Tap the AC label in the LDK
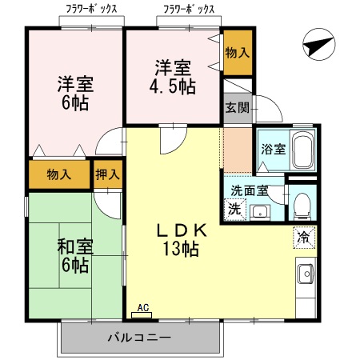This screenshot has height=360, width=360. pyautogui.click(x=143, y=308)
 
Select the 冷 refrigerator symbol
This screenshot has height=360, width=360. pyautogui.click(x=303, y=238)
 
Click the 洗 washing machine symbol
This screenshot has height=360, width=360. pyautogui.click(x=234, y=210)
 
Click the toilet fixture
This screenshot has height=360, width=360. pyautogui.click(x=301, y=206)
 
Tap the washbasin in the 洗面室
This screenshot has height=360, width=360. pyautogui.click(x=260, y=212)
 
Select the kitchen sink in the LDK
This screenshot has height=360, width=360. pyautogui.click(x=305, y=276)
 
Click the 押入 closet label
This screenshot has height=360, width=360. pyautogui.click(x=107, y=174)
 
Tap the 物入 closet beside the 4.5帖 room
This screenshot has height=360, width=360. pyautogui.click(x=236, y=53)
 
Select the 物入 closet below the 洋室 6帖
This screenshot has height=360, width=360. pyautogui.click(x=59, y=174)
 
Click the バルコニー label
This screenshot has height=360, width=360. pyautogui.click(x=139, y=338)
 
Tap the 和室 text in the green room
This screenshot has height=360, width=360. pyautogui.click(x=74, y=246)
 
